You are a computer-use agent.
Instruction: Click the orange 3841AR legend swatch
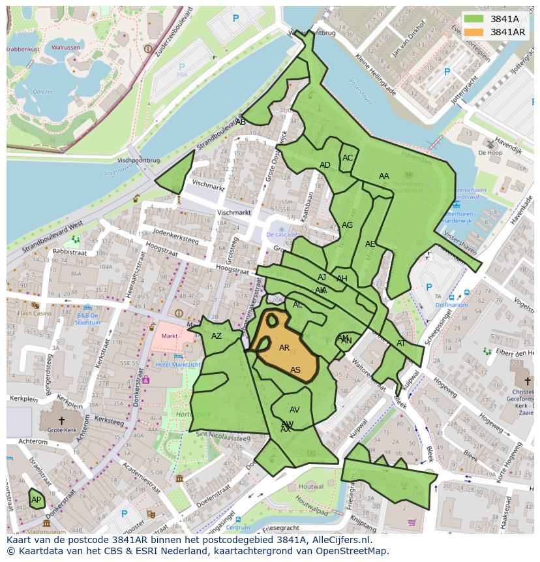[474, 32]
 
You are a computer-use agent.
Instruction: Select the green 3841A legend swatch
[474, 19]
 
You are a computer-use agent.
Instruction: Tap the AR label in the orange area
[284, 348]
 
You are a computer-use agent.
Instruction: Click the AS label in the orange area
[295, 370]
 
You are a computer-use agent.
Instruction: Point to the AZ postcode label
[217, 336]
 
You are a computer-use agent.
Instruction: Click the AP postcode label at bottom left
[36, 500]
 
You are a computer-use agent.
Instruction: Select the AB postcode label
[241, 122]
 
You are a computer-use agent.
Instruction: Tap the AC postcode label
[348, 158]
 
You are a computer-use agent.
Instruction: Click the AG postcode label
[347, 225]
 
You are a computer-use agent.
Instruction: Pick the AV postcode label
[294, 410]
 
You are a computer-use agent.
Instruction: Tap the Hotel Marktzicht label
[178, 364]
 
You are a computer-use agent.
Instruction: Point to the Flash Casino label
[34, 313]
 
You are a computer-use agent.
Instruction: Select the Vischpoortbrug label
[138, 159]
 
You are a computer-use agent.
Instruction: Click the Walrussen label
[66, 48]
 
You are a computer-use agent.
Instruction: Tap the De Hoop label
[490, 152]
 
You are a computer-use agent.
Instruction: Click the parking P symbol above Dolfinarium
[428, 287]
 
